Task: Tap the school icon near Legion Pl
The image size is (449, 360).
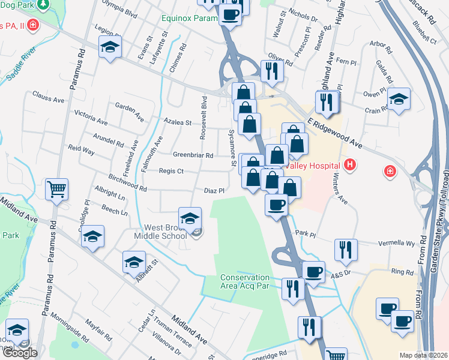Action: pos(110,47)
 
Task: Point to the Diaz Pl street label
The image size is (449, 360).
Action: pos(214,191)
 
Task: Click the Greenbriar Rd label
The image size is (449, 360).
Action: pos(193,155)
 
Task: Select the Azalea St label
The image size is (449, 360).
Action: pos(177,122)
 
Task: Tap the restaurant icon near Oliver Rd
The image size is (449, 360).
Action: pos(272,70)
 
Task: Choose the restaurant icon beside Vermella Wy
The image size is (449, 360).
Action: pos(345,249)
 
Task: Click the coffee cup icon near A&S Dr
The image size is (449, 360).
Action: pos(313,271)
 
